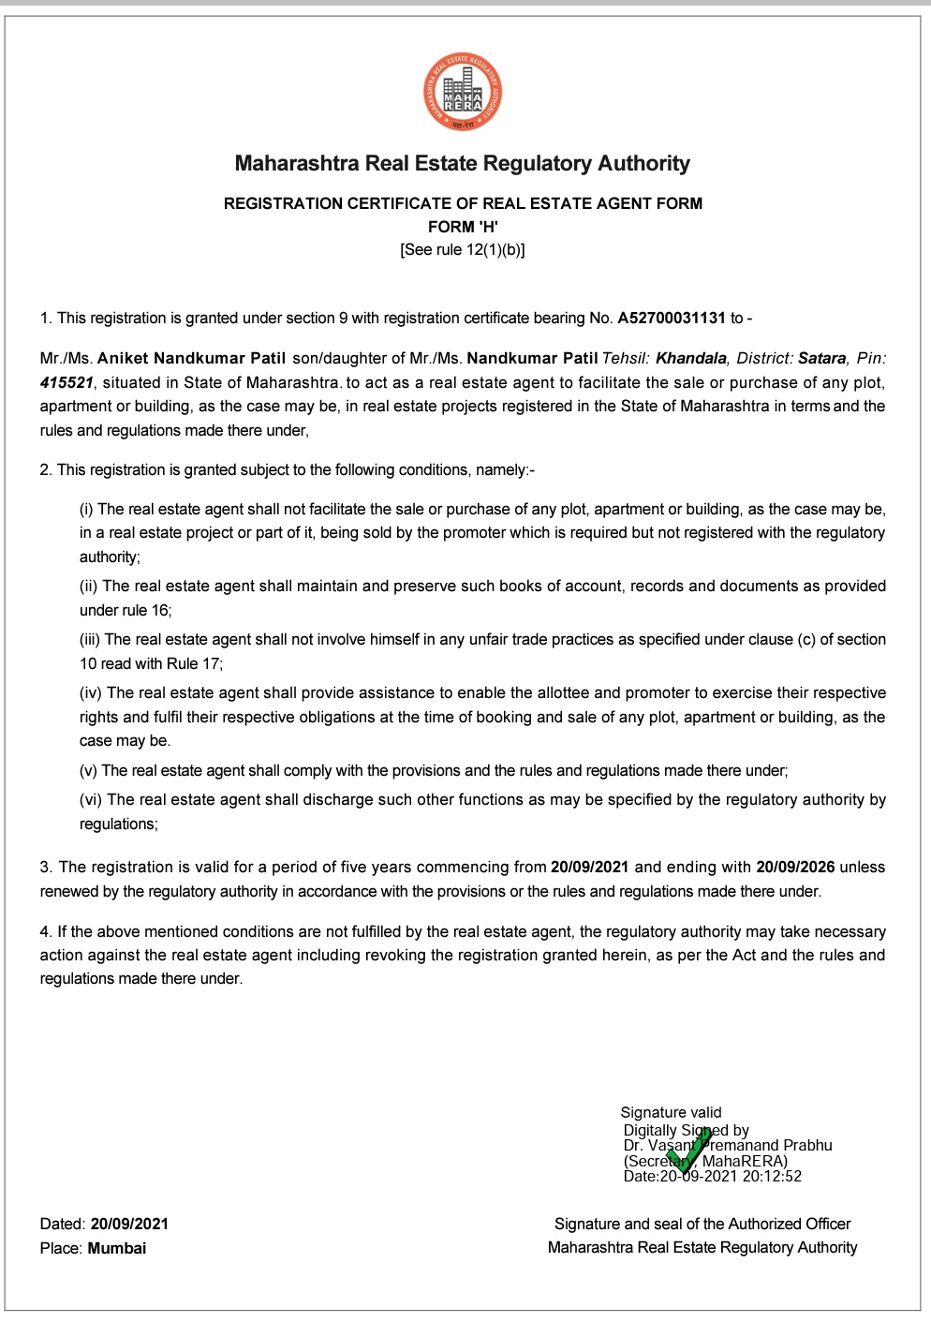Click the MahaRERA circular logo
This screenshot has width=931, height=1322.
[463, 92]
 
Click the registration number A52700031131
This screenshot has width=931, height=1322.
[672, 318]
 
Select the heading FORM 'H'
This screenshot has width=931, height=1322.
[463, 227]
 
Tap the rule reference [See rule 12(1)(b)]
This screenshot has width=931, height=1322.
[463, 250]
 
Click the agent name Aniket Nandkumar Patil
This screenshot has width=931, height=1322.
[192, 358]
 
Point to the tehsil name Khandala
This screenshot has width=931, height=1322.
[691, 358]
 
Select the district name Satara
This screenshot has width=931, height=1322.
[821, 358]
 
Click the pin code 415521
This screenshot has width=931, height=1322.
[66, 382]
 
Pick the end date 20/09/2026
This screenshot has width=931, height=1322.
[795, 867]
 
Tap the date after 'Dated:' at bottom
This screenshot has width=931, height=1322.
[129, 1224]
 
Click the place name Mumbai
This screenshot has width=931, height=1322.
[117, 1248]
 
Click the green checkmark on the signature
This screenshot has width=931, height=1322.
[689, 1151]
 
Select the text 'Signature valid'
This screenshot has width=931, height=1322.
[671, 1112]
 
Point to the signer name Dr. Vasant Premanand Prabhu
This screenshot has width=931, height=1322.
[728, 1145]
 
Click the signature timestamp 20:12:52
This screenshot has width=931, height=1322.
[772, 1176]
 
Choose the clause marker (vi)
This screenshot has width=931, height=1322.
[91, 799]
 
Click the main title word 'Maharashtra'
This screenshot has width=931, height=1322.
[297, 164]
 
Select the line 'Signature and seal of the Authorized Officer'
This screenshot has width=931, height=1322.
[702, 1224]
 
